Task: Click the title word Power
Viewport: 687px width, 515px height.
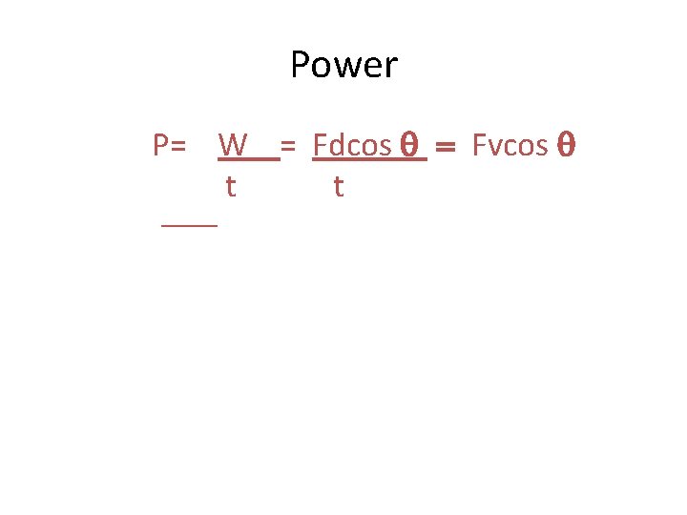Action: click(343, 66)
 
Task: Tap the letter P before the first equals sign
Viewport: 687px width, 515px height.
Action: click(161, 145)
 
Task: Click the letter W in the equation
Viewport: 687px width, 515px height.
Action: click(233, 145)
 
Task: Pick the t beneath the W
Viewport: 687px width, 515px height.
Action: click(230, 186)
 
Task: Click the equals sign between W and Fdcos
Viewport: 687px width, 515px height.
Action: click(287, 146)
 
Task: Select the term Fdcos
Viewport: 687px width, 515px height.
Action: click(352, 145)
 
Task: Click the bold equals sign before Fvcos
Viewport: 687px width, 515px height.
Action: click(447, 146)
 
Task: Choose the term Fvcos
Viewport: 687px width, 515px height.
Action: click(510, 145)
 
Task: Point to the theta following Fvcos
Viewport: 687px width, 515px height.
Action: click(564, 145)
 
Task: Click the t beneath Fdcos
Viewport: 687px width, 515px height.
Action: click(338, 186)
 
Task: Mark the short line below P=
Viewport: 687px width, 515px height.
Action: click(189, 224)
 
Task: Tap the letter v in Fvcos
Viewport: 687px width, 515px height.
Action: click(491, 146)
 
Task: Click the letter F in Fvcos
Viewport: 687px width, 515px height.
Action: click(479, 145)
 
